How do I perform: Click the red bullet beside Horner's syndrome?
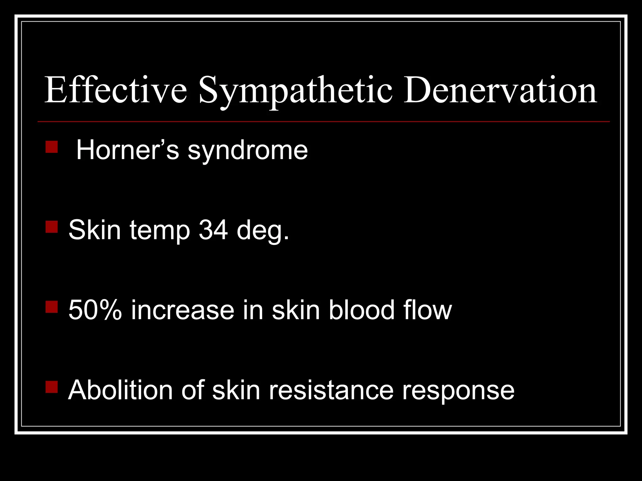52,147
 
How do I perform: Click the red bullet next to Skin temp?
52,227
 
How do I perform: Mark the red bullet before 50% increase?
52,307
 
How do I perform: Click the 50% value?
95,310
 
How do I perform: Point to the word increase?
183,310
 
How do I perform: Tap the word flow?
428,310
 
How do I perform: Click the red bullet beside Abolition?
52,387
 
